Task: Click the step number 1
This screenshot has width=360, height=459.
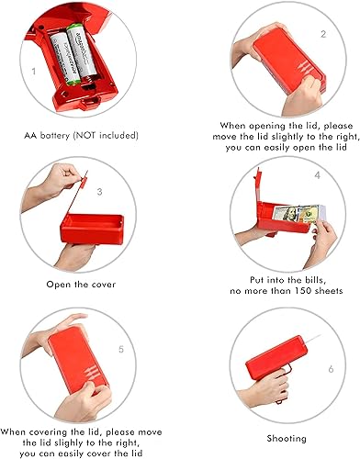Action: (x=34, y=72)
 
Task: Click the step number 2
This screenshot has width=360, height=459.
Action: (x=323, y=34)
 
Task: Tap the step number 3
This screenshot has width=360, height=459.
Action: (x=99, y=192)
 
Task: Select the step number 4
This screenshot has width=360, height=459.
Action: (x=318, y=175)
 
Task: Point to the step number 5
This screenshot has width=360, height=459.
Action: (x=121, y=349)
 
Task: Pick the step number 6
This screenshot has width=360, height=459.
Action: (x=331, y=369)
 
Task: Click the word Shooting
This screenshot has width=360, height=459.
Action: (x=287, y=439)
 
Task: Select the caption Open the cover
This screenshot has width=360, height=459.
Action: (x=81, y=285)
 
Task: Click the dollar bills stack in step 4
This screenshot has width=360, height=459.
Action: (x=299, y=214)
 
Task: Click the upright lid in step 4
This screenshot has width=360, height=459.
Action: (x=258, y=186)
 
